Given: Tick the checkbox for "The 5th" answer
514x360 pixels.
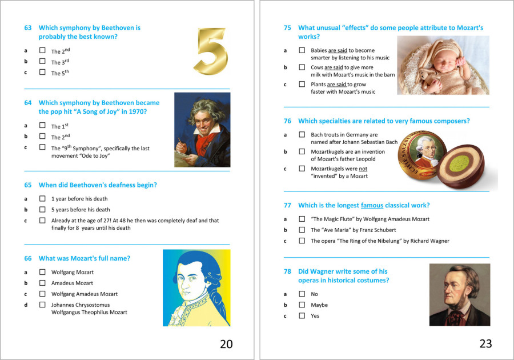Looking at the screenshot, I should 42,73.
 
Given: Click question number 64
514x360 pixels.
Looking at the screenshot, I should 28,103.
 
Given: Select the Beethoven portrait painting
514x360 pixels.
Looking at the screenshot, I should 202,130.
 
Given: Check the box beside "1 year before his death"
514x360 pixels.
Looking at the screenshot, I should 42,198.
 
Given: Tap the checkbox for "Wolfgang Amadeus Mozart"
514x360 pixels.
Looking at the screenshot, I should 42,294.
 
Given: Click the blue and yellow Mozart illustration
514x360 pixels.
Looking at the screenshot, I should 196,288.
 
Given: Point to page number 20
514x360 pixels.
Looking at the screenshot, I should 226,343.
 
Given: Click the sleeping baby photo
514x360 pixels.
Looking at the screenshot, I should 443,65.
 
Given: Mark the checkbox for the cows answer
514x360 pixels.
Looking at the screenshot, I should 302,67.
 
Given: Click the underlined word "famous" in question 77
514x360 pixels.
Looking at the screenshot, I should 372,205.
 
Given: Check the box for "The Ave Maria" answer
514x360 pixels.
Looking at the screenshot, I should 302,230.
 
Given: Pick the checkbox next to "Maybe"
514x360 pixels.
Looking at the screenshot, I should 302,305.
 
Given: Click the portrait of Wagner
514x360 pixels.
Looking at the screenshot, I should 460,295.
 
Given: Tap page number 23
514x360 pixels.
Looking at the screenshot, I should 485,343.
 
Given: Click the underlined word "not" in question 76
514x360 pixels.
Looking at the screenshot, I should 363,169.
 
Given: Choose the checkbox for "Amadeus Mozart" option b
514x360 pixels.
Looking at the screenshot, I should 42,283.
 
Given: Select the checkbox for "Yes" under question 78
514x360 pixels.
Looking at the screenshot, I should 302,315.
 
